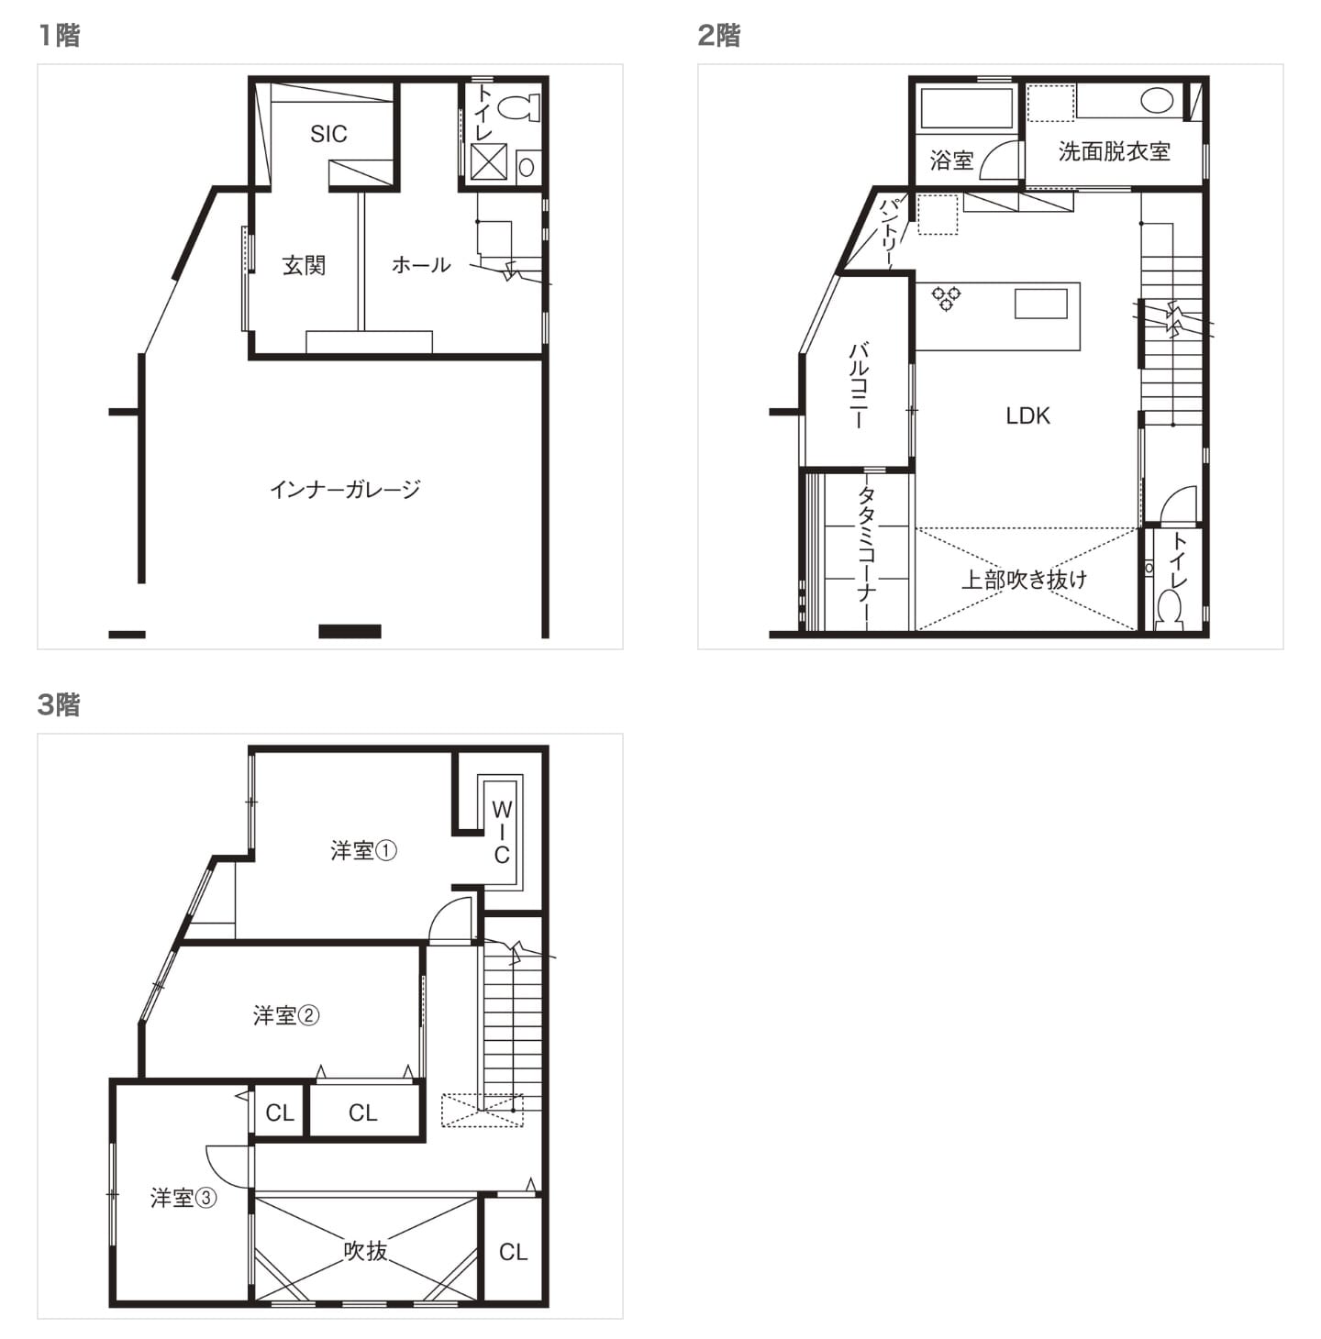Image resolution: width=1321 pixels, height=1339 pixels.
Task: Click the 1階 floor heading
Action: coord(59,36)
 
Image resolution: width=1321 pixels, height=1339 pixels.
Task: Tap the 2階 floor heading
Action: coord(719,36)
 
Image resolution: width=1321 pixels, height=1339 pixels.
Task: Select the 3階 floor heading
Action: coord(59,704)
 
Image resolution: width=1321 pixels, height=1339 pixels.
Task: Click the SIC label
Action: coord(328,133)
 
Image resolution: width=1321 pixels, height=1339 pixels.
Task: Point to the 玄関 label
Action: coord(304,265)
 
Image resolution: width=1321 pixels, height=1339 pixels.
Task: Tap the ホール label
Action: coord(421,265)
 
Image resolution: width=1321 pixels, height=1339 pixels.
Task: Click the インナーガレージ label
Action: coord(345,490)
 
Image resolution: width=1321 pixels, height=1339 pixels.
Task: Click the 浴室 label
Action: coord(951,160)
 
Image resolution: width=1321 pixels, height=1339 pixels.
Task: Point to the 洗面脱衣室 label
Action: coord(1115,150)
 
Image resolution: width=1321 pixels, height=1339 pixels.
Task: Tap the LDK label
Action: coord(1027,415)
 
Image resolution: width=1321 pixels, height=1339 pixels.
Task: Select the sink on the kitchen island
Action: coord(1041,304)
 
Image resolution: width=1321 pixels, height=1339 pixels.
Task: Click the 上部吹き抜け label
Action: coord(1024,580)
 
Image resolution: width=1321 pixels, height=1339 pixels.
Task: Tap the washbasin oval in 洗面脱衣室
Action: coord(1157,101)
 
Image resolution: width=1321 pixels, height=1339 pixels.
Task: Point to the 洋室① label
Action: coord(363,850)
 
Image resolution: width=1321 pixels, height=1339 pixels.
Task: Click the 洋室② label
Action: coord(285,1016)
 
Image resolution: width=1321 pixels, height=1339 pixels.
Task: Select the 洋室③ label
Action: coord(183,1198)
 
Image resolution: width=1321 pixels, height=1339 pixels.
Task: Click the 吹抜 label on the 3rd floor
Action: coord(365,1251)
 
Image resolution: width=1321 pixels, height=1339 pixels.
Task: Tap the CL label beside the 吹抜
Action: coord(513,1252)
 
